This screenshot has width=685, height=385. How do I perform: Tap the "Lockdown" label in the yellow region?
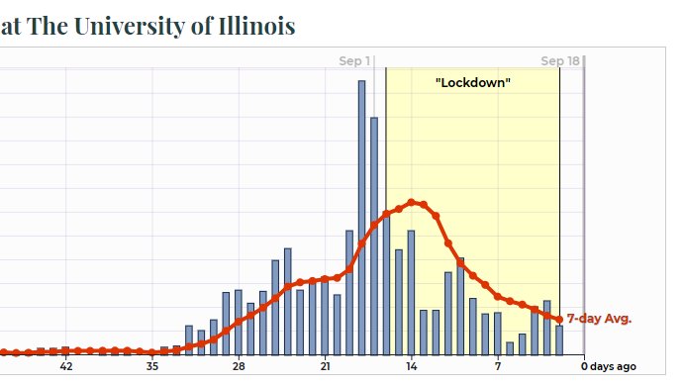tap(473, 82)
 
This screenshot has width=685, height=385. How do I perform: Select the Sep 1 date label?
tap(355, 61)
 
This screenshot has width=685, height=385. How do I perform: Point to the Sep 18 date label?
tap(559, 61)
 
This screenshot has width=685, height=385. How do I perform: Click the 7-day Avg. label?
tap(599, 319)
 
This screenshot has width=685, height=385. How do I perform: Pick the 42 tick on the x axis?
tap(66, 367)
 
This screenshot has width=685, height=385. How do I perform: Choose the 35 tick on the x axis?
tap(151, 367)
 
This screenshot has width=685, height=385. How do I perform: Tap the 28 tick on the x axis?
tap(239, 367)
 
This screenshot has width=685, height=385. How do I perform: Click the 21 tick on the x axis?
tap(325, 367)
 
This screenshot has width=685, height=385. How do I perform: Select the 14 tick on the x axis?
tap(411, 367)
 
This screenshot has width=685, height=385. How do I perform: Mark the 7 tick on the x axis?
tap(497, 367)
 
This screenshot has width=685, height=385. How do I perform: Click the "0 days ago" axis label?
tap(608, 367)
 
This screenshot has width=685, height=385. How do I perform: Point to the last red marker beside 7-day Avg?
tap(559, 320)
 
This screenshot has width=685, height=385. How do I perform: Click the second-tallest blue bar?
tap(374, 236)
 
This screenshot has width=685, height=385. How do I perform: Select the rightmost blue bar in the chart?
tap(559, 339)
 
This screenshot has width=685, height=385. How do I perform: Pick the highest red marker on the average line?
tap(412, 203)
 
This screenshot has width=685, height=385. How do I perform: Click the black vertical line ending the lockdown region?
tap(560, 198)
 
